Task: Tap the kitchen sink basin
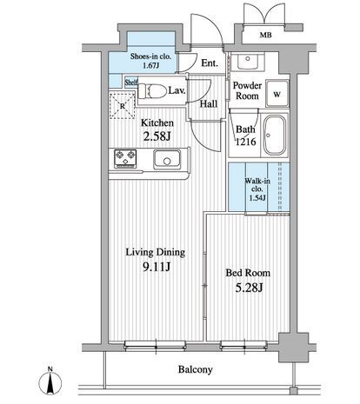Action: click(167, 159)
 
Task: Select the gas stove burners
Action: click(125, 158)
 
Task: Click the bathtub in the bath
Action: click(274, 136)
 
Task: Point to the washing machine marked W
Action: click(277, 94)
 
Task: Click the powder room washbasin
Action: click(248, 61)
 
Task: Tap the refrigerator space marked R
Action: click(122, 105)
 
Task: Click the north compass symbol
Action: click(50, 381)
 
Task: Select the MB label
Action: click(265, 36)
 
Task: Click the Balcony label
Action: click(195, 369)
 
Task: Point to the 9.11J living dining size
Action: click(157, 268)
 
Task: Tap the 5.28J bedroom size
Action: click(249, 288)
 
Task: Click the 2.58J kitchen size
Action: click(157, 136)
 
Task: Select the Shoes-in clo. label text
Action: click(150, 56)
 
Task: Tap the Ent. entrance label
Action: click(210, 63)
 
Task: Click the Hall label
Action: click(209, 103)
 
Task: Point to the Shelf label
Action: click(131, 83)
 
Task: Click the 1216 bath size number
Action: click(245, 142)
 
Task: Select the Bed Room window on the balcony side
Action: click(243, 345)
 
